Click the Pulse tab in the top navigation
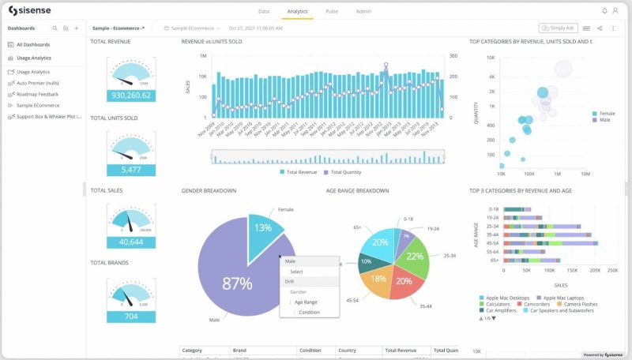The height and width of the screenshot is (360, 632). (332, 12)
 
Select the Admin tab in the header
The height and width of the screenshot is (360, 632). (363, 12)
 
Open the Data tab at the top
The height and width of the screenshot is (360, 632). (264, 12)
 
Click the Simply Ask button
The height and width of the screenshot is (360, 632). (559, 28)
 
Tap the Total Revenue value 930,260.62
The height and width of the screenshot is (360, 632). (131, 95)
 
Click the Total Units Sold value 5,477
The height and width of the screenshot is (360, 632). (131, 170)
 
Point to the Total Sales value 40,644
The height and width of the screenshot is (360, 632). (131, 242)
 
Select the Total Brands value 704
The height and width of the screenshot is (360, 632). (131, 316)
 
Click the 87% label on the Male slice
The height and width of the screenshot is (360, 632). (238, 283)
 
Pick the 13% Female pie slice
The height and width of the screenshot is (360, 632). (262, 229)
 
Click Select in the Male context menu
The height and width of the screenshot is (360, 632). (296, 272)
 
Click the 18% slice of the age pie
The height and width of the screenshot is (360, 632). (378, 278)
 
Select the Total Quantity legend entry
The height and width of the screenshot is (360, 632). (345, 171)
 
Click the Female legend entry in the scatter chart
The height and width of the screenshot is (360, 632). (607, 114)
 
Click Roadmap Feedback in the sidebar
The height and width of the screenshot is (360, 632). (37, 94)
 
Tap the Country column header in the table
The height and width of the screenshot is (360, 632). (348, 350)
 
